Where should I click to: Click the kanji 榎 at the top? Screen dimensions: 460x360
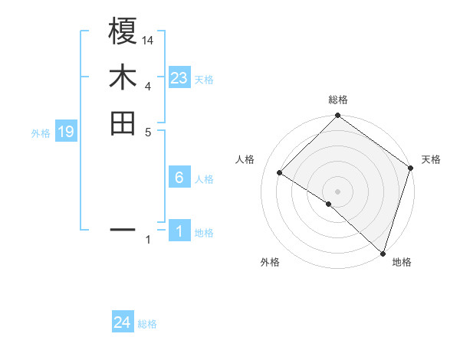click(x=123, y=33)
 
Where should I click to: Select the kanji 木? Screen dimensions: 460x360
click(x=123, y=78)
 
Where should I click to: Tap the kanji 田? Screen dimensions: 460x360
click(x=123, y=123)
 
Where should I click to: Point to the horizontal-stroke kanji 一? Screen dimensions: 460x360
click(x=123, y=228)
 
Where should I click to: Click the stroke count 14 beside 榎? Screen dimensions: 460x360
click(x=148, y=40)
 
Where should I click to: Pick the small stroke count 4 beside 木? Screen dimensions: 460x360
click(x=148, y=86)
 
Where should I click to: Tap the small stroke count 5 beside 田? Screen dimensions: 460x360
click(x=148, y=131)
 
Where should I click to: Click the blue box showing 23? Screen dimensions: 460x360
click(x=179, y=78)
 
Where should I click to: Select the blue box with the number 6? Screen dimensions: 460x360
click(x=179, y=178)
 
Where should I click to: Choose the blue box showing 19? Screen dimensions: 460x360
click(x=66, y=132)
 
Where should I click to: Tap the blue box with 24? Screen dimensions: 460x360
click(x=123, y=322)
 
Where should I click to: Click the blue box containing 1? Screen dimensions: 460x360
click(x=179, y=231)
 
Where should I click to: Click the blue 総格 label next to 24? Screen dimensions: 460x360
click(x=147, y=324)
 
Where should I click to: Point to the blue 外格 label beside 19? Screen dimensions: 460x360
click(x=41, y=133)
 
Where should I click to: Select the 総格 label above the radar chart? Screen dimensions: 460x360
click(x=337, y=100)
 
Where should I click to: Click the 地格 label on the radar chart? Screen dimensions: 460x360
click(x=402, y=263)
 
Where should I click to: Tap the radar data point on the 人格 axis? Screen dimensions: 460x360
click(x=280, y=173)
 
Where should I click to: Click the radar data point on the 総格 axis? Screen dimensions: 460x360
click(x=337, y=116)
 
